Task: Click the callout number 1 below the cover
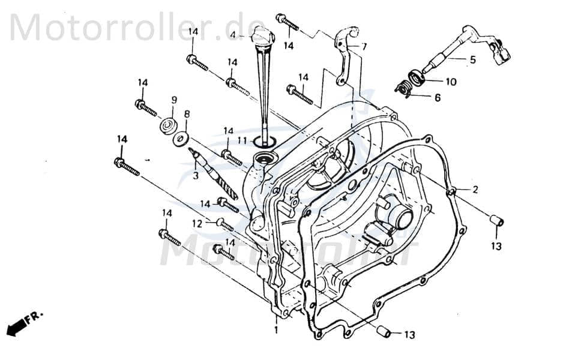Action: (277, 330)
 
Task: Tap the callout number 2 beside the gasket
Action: (475, 190)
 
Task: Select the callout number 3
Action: (194, 176)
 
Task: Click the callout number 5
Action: (472, 59)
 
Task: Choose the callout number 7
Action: (364, 46)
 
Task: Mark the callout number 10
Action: (450, 80)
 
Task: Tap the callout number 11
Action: (241, 140)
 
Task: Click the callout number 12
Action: (196, 223)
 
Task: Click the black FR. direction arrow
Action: (18, 326)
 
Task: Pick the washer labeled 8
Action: (179, 139)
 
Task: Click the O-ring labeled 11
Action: (264, 141)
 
